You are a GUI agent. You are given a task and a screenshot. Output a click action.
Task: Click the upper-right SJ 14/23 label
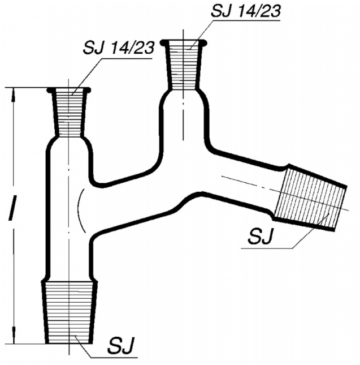245,11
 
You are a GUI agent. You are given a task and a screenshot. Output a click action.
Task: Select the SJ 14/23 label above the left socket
118,48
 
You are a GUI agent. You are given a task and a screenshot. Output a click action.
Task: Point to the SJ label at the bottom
121,345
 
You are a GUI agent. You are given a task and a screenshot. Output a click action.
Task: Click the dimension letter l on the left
12,208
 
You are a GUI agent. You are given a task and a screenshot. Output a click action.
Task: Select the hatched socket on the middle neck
183,65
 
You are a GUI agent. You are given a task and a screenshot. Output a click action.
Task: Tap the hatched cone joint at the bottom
70,312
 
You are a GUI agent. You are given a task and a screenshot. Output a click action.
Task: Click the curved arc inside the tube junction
79,210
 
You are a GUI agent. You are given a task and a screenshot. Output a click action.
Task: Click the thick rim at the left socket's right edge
87,90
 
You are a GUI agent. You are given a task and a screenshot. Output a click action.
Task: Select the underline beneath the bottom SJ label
114,357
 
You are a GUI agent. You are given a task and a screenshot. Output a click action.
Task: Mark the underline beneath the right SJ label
267,248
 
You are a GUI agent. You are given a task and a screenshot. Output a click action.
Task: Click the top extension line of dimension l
28,88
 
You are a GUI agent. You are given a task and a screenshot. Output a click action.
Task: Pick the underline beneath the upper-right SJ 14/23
247,20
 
